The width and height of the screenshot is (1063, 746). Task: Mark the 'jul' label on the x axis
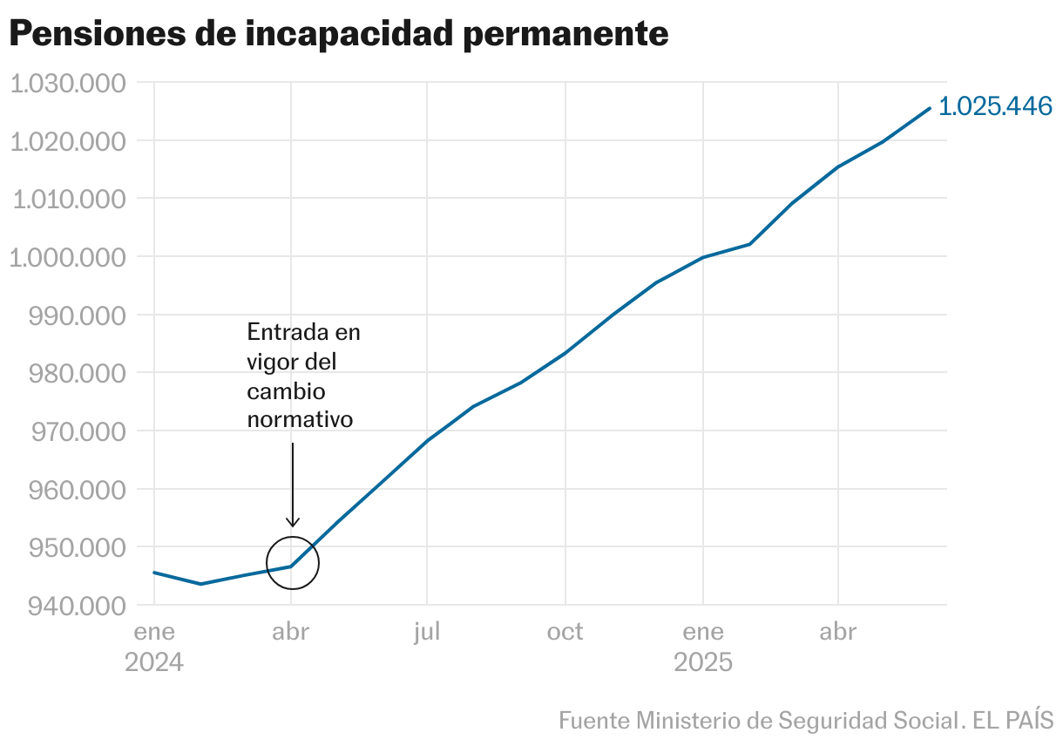427,632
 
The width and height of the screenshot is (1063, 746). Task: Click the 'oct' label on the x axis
565,632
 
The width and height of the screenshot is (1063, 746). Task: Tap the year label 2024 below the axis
154,662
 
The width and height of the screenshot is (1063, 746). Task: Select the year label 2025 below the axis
703,662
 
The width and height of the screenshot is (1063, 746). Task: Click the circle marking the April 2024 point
293,563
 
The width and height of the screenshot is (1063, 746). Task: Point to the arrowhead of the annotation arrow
293,523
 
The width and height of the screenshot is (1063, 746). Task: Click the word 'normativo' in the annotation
300,419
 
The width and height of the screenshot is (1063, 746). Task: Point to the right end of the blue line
930,108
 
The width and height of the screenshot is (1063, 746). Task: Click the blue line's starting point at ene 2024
154,573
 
